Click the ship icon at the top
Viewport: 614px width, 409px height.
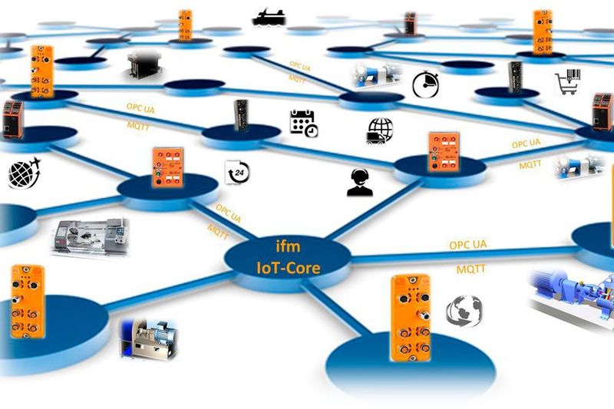pos(269,15)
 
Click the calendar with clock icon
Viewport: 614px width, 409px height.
pos(303,123)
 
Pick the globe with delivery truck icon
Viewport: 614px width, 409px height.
pos(381,131)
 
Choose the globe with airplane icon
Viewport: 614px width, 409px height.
pos(23,173)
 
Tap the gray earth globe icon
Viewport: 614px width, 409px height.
pos(465,310)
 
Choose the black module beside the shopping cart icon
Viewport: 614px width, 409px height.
pos(515,78)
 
